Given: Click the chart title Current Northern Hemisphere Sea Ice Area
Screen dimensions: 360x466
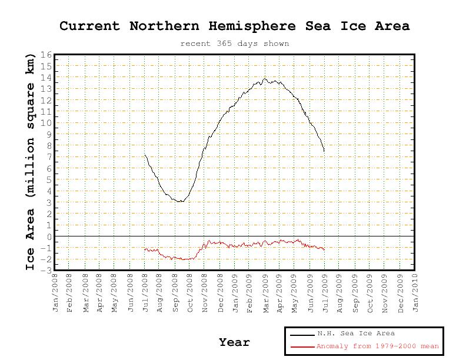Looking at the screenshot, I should point(234,26).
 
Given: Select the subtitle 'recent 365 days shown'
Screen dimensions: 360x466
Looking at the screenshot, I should point(234,44).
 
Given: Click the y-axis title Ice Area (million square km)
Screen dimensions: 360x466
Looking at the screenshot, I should point(31,161).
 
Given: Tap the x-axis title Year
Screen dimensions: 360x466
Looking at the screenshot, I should point(234,342).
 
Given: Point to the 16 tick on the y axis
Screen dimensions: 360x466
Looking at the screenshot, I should point(46,55).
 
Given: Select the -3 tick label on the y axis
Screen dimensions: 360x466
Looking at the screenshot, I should point(47,270).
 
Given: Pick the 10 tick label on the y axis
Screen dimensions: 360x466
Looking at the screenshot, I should point(46,124).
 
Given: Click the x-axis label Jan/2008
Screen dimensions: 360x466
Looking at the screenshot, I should point(56,292).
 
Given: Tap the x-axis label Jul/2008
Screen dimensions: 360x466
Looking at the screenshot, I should point(145,292).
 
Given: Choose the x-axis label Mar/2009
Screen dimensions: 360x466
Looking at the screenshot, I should point(265,292).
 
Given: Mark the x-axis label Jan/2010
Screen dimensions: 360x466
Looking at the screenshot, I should point(415,292).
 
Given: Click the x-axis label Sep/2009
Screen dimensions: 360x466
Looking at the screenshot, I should point(355,292).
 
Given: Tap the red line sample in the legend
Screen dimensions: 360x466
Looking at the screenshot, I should point(302,347).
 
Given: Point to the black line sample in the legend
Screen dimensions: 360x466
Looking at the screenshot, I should point(302,335).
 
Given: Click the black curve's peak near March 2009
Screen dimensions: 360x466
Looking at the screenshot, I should point(265,78).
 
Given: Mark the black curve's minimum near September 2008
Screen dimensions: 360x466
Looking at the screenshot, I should point(180,202).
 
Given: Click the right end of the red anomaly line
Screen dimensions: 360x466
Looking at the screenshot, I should point(324,249).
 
